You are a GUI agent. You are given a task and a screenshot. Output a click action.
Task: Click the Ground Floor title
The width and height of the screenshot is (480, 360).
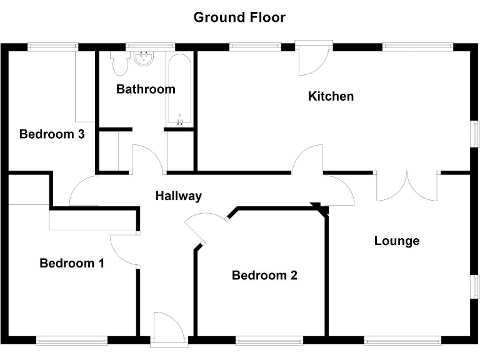pos(239,17)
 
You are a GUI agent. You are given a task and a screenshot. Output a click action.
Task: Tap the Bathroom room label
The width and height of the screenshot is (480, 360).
pos(146,89)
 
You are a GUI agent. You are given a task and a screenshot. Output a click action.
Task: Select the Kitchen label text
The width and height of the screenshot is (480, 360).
pos(331,96)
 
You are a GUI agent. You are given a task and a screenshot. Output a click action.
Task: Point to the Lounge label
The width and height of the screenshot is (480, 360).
pos(397,241)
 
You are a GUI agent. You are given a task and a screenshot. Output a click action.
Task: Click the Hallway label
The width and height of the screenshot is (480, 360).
pos(179,196)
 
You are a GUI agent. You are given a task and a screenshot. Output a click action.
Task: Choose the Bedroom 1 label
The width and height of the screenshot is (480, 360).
pos(72,263)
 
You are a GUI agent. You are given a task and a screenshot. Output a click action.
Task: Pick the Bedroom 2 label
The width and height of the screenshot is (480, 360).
pos(264,275)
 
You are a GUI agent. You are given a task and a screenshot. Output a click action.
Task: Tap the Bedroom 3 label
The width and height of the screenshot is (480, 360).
pos(52,134)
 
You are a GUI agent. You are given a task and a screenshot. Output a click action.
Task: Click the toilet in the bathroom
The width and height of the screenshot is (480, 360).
pos(119,61)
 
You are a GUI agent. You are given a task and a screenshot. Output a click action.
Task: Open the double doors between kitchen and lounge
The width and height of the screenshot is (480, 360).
pos(406,186)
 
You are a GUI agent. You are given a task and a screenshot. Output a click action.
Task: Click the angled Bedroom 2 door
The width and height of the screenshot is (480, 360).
pos(203,228)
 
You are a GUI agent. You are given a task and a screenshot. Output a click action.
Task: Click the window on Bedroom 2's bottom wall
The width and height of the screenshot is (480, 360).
pos(269,341)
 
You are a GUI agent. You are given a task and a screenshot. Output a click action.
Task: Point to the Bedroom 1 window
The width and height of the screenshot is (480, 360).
pos(72,341)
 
